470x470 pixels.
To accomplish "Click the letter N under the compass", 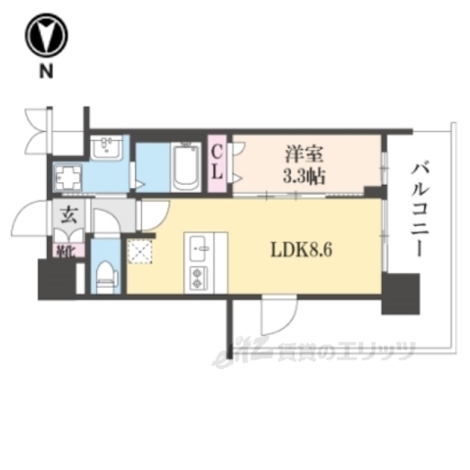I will pos(45,70).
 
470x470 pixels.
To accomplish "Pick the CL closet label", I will pos(217,163).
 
